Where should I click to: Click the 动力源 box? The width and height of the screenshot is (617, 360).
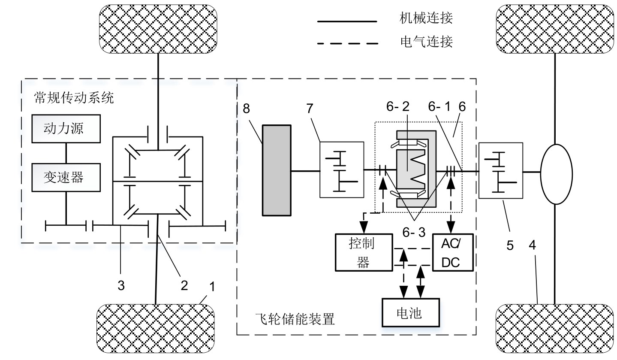[x=66, y=129]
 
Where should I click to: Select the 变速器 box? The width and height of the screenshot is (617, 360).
[x=66, y=177]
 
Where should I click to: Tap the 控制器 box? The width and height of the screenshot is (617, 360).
[x=364, y=252]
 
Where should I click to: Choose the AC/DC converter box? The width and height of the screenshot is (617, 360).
[x=452, y=252]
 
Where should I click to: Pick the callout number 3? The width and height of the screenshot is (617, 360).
[x=121, y=285]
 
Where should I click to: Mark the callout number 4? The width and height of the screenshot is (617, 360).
[x=532, y=245]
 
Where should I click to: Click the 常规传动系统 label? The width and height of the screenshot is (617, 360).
[x=74, y=98]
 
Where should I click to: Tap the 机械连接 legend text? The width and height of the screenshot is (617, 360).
[x=426, y=18]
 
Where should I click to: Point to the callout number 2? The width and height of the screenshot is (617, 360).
[x=184, y=285]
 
